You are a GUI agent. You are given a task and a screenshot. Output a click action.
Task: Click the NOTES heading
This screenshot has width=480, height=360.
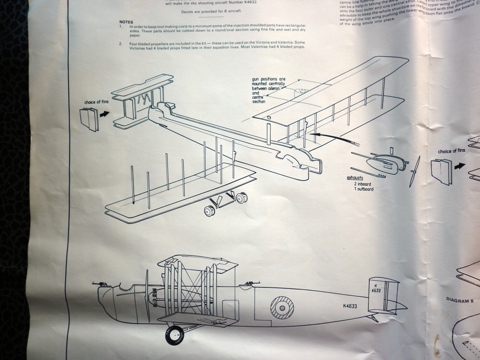126,22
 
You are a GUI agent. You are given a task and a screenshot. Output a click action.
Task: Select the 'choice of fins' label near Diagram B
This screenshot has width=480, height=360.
451,151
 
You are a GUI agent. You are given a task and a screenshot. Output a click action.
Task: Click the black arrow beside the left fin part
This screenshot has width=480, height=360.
104,113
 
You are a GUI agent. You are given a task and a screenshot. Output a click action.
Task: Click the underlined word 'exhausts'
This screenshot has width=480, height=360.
356,178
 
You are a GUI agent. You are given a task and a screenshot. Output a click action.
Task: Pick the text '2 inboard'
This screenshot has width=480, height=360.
363,184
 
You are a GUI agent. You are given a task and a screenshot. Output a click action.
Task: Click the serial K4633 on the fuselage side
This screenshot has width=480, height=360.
350,306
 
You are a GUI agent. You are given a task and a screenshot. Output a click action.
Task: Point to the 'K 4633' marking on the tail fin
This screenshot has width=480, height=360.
376,288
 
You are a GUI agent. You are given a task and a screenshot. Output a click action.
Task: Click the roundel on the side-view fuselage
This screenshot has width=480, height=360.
282,308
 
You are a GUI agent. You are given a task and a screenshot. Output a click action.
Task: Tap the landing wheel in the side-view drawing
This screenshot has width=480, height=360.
174,335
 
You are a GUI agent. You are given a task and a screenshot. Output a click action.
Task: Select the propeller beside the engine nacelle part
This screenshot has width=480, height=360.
413,171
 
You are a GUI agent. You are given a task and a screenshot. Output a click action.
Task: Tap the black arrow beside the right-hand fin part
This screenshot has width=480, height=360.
459,165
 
